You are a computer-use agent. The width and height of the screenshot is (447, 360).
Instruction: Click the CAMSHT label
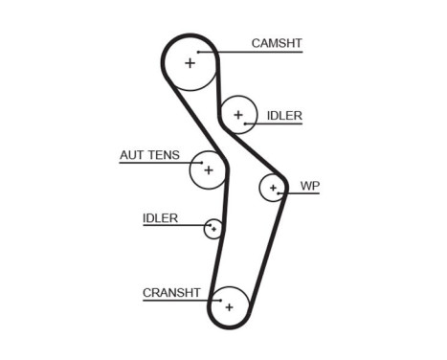276,43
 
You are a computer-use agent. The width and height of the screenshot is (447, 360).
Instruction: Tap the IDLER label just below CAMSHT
284,116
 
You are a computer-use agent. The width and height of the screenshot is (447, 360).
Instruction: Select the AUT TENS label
149,154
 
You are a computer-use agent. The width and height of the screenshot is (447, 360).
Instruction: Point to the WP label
309,186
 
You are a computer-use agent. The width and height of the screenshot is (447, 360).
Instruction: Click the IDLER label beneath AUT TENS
160,218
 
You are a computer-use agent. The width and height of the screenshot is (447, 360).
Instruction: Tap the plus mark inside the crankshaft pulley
229,307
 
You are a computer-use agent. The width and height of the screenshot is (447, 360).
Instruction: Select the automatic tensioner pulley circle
208,170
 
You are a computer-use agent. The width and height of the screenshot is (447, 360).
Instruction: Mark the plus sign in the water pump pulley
274,187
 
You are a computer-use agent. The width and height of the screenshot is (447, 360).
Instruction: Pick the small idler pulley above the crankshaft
213,228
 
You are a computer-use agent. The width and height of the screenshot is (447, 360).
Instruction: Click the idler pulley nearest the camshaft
237,115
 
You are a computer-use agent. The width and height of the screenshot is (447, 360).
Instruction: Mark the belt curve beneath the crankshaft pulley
230,329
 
